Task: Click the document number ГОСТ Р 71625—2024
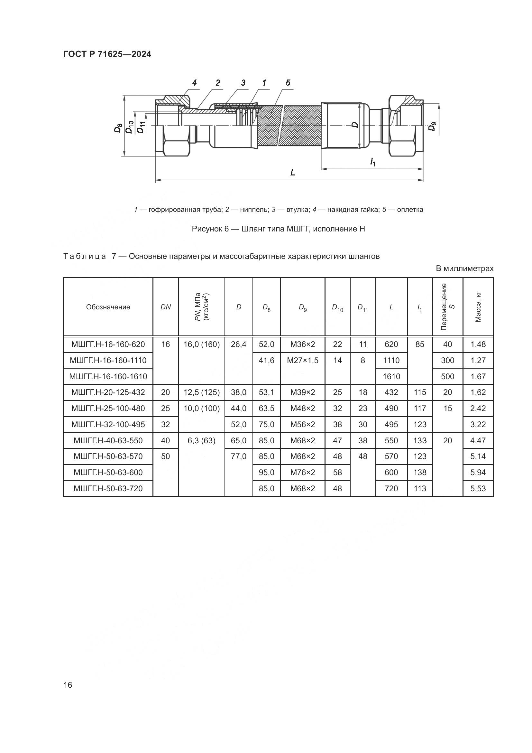(107, 54)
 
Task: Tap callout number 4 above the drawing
(194, 83)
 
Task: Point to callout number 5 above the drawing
(288, 83)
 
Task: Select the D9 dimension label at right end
(433, 126)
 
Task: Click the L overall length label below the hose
(292, 173)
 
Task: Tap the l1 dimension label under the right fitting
(372, 162)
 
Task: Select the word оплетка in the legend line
(410, 210)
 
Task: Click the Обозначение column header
(108, 307)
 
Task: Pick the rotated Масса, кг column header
(478, 307)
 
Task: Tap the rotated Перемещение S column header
(447, 307)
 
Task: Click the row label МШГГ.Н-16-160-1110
(108, 361)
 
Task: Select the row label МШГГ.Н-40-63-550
(108, 440)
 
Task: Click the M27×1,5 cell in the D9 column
(302, 361)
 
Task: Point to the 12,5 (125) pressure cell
(201, 392)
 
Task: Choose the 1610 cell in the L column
(391, 377)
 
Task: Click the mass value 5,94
(478, 473)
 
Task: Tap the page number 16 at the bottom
(68, 685)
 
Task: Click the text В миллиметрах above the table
(464, 268)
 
